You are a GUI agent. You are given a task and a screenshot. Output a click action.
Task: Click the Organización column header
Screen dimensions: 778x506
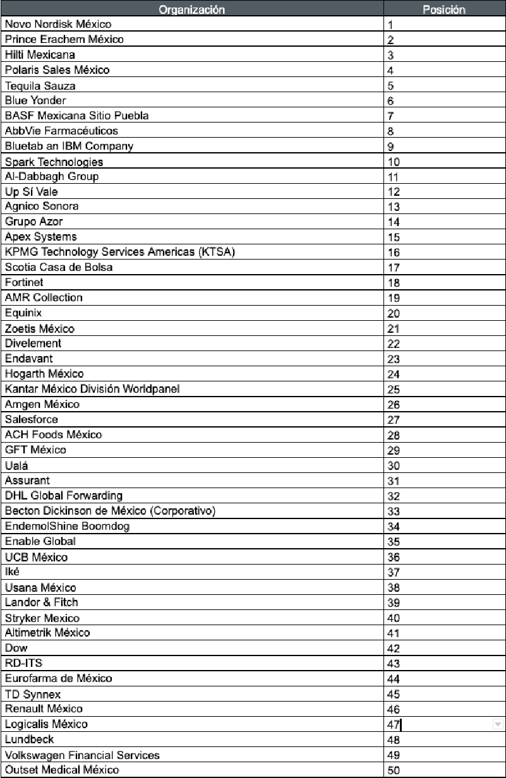[x=191, y=9]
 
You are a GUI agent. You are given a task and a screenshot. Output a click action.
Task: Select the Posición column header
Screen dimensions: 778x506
[x=443, y=9]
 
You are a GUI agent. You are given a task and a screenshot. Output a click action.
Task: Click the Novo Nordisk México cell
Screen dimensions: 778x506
[x=58, y=25]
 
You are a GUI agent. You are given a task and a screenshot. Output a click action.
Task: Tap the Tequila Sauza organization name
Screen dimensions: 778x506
[x=40, y=85]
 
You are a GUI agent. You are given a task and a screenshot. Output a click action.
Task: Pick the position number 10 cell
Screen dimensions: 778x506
[x=394, y=162]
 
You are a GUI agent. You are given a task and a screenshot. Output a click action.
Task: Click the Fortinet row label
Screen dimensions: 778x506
[x=24, y=282]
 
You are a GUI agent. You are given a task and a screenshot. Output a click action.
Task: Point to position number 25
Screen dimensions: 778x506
[x=394, y=390]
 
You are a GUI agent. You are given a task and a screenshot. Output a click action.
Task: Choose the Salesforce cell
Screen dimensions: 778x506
[x=32, y=419]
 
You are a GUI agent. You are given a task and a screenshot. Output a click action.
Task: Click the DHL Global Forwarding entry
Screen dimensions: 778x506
[x=64, y=496]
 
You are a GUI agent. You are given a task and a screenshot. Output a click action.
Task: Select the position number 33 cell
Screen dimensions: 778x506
[x=394, y=512]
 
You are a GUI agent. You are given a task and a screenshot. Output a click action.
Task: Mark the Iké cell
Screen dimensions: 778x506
[x=12, y=572]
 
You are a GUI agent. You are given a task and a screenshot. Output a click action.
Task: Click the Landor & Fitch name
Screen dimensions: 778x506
[x=42, y=602]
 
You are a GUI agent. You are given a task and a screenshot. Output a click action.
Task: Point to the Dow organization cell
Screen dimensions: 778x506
[x=16, y=648]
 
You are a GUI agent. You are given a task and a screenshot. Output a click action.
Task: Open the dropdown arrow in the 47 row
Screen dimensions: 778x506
[x=497, y=724]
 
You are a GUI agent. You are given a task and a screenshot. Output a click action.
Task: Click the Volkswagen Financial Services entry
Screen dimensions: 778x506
[x=82, y=755]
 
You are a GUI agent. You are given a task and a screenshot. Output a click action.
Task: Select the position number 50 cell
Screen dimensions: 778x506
[x=394, y=770]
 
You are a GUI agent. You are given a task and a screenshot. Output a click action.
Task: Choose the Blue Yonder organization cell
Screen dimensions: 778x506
[x=35, y=100]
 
